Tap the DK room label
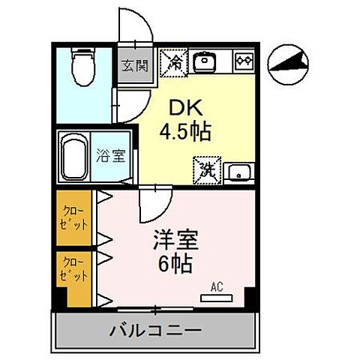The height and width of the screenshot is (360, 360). [181, 106]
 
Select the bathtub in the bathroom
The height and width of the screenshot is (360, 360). [73, 157]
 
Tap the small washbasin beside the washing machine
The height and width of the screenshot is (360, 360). [239, 170]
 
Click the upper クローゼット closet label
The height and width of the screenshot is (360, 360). [73, 217]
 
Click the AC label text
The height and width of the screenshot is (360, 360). [217, 286]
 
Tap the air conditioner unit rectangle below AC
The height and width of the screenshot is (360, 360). [217, 298]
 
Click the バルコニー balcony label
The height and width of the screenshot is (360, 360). [154, 330]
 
